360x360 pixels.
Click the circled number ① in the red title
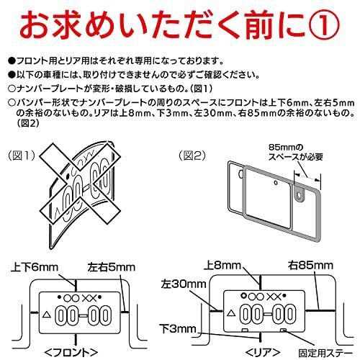(323, 27)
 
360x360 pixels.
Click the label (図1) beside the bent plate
(22, 156)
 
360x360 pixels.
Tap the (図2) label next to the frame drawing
(192, 156)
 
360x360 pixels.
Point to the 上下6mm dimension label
(35, 267)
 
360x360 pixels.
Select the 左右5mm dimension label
(112, 267)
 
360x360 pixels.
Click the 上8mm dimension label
(222, 266)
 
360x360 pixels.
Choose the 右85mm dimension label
(310, 266)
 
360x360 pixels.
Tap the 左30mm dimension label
(184, 284)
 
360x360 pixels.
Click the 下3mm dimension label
(179, 329)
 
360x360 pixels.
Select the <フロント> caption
(71, 353)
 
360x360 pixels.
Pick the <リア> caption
(263, 353)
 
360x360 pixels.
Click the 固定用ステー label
(325, 353)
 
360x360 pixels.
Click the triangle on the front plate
(47, 315)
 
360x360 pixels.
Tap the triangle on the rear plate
(231, 313)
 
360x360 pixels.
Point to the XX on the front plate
(89, 298)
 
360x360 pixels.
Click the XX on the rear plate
(274, 297)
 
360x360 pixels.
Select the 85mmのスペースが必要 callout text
(295, 152)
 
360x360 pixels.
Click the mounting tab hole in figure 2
(299, 195)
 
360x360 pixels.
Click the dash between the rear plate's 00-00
(268, 314)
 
